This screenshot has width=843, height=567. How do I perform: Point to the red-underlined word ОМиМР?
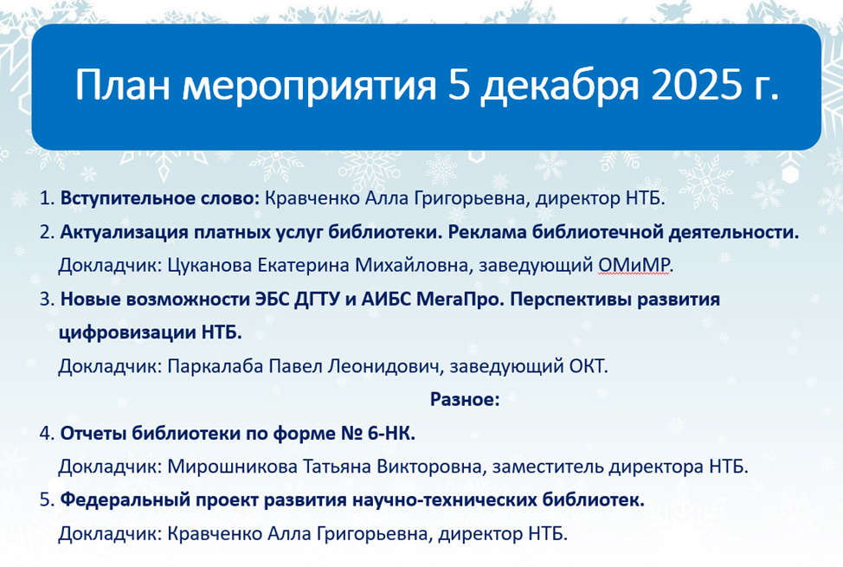[634, 265]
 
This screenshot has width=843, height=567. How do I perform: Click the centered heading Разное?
[465, 399]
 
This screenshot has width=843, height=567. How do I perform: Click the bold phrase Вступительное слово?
[159, 198]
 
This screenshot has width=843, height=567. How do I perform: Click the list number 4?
[45, 433]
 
